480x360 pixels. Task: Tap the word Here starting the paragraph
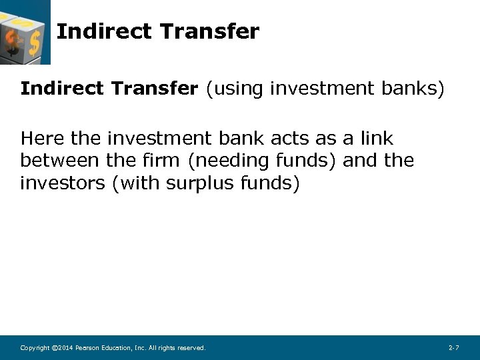43,139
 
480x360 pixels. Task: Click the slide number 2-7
453,348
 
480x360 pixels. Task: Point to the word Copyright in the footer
35,348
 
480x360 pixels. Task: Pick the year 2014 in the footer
63,348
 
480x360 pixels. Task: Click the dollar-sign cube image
25,32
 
